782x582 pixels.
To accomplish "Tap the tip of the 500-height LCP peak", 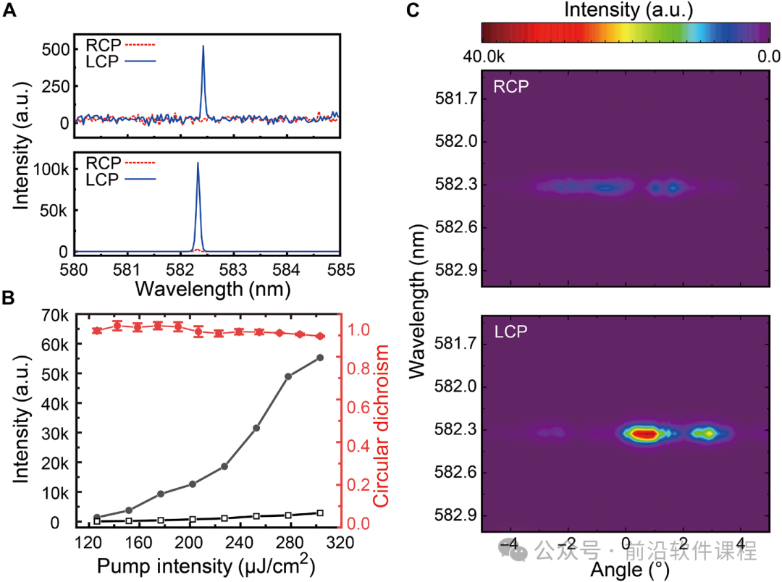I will (x=203, y=46).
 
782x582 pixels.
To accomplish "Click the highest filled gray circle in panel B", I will (x=320, y=358).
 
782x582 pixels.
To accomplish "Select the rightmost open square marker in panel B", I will (x=320, y=513).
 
